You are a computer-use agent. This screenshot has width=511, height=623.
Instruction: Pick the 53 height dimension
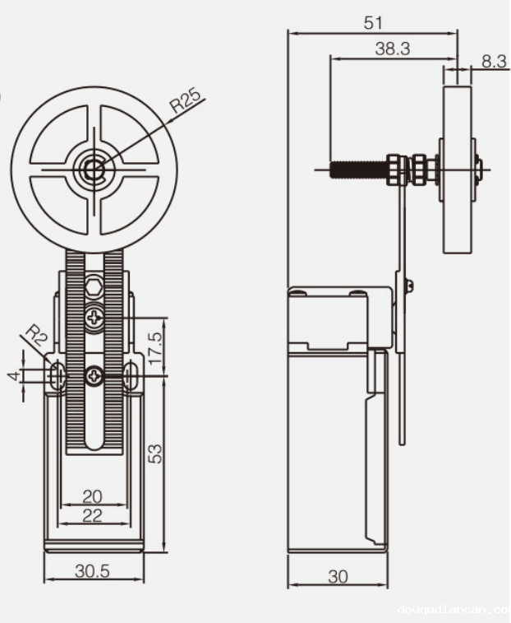pos(156,452)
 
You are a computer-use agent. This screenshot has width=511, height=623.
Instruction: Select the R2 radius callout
pos(36,337)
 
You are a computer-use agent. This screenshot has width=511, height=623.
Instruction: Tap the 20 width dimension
pos(92,495)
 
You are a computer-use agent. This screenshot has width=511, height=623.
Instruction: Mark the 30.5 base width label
pos(92,570)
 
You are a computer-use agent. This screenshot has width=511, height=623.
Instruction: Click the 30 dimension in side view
pos(338,577)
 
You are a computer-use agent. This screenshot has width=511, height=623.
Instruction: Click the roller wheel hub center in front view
pos(91,170)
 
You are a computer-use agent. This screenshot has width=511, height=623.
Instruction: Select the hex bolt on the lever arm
pos(93,290)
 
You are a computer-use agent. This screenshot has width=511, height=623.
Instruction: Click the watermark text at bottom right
pos(453,611)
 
